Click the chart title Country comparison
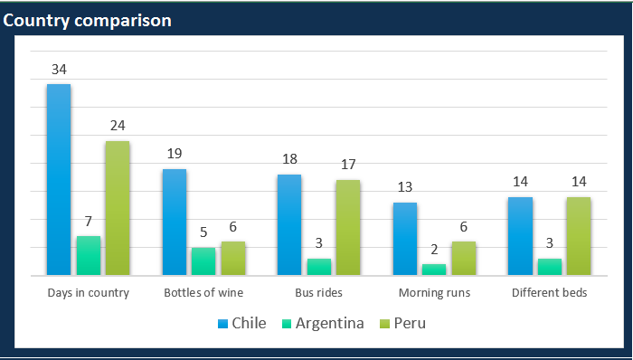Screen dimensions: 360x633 [88, 20]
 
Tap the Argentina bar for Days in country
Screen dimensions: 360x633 [88, 255]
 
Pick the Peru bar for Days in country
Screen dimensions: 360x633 [118, 208]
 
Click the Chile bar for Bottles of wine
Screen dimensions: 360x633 [175, 222]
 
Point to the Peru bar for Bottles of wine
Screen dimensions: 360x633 [233, 258]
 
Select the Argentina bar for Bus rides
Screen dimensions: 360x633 [319, 266]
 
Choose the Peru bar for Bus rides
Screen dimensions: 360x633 [348, 227]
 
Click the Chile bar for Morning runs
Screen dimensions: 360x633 [405, 239]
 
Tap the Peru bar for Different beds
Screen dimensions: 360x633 [579, 235]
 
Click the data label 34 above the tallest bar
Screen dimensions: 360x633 [59, 69]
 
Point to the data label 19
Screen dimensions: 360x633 [175, 154]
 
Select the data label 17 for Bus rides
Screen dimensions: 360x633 [348, 165]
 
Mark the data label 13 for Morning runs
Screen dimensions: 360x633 [405, 187]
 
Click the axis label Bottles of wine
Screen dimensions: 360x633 [203, 293]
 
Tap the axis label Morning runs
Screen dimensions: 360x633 [434, 293]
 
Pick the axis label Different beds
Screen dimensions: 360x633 [550, 293]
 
